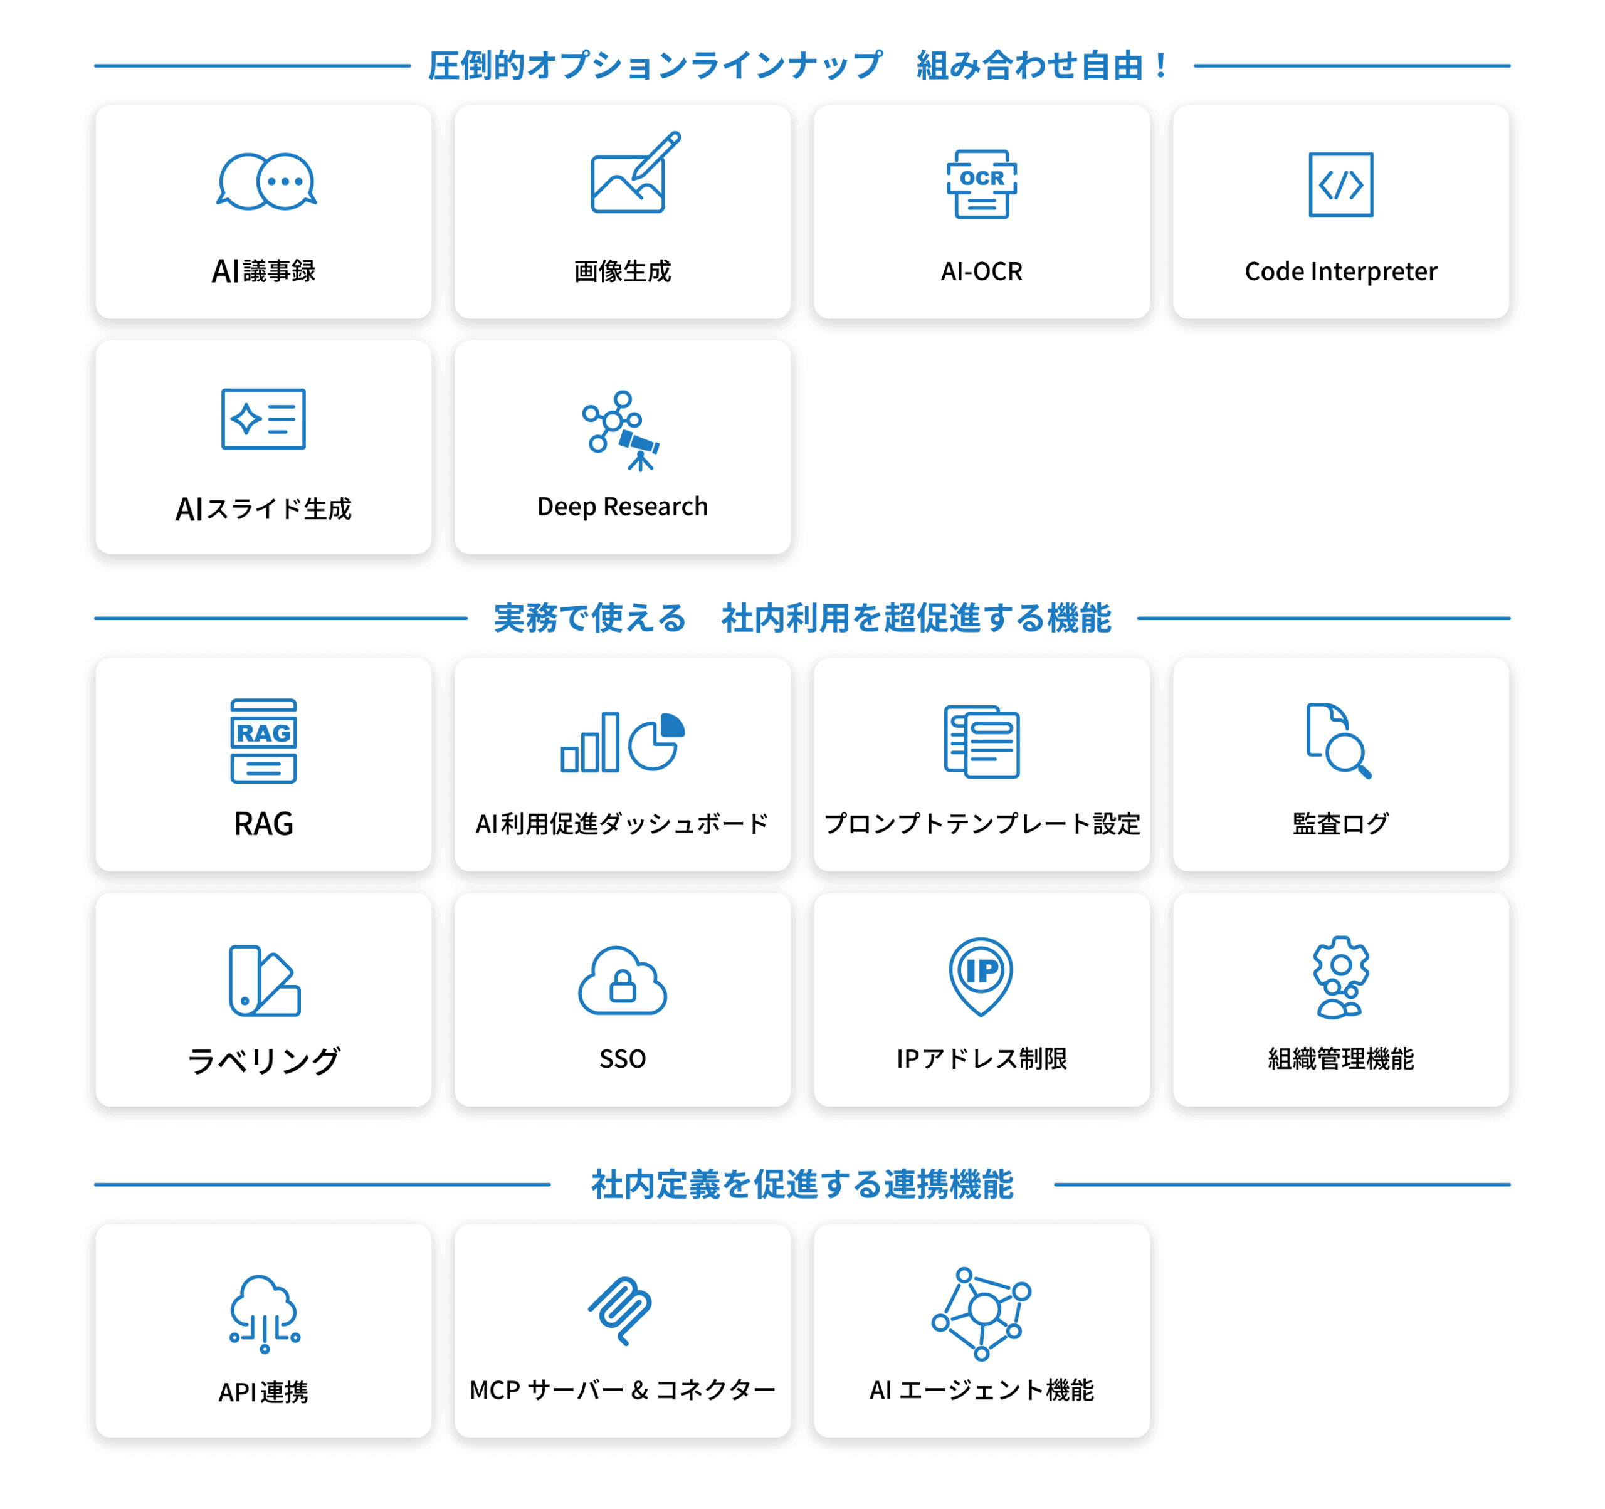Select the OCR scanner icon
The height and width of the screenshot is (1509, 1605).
click(982, 184)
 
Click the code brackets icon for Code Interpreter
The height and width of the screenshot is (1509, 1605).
click(1340, 184)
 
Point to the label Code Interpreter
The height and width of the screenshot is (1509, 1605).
click(1340, 271)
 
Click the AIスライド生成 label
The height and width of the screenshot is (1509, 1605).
click(263, 508)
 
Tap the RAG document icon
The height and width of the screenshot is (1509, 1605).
click(263, 741)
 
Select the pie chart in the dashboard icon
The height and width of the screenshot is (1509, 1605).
click(656, 741)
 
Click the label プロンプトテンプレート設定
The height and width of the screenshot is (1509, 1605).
click(982, 824)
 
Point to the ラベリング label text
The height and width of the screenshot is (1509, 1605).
click(263, 1060)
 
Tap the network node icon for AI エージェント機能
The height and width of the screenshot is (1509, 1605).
click(981, 1313)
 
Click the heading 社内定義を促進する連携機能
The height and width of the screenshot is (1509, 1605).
click(802, 1184)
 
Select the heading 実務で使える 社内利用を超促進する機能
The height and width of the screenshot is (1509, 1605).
click(802, 618)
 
